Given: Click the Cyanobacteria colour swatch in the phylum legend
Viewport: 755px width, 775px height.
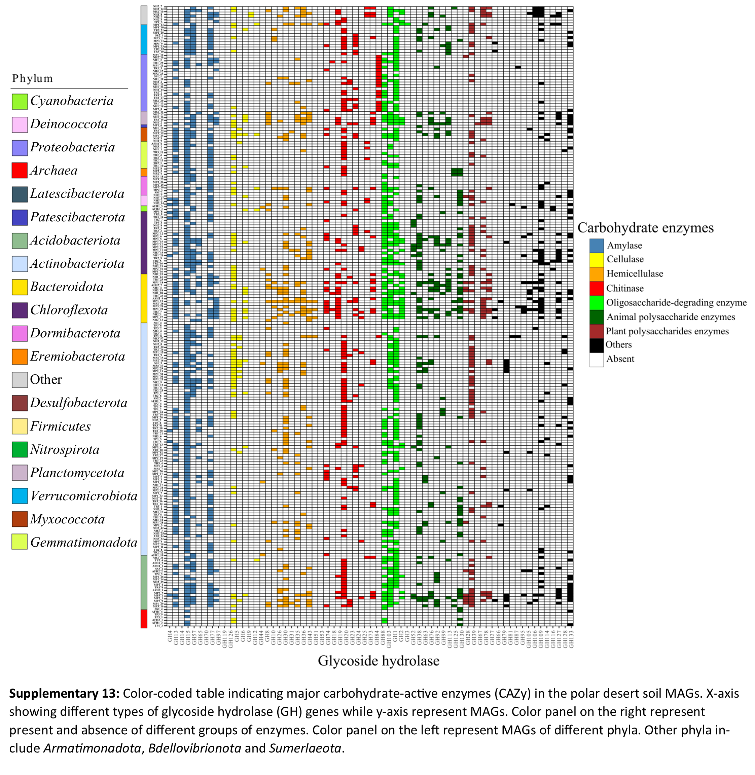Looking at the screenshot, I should point(20,102).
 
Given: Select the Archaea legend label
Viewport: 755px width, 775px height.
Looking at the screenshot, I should point(53,171).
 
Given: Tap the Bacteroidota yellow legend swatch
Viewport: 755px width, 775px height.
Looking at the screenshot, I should point(20,287).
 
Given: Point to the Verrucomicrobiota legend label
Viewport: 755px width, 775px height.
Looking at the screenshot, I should point(84,496).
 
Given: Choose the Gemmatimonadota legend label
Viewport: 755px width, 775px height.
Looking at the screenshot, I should point(84,542).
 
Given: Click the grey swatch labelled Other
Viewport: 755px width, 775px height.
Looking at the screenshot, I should point(20,380).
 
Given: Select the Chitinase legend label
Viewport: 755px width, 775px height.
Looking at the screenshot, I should point(625,288).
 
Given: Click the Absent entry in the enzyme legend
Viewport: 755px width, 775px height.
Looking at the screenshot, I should point(620,359).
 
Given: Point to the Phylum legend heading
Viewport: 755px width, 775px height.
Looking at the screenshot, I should point(33,78).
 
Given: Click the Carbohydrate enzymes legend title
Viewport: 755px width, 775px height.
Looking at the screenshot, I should point(645,228).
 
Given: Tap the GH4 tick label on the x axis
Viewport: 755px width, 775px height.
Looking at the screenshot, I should point(170,636).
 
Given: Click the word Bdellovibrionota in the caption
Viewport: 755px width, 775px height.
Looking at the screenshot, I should point(194,748).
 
